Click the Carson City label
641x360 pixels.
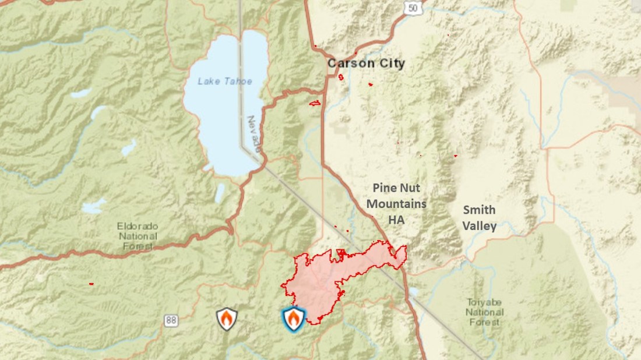[x=366, y=63]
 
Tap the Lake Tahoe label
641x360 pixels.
[x=225, y=81]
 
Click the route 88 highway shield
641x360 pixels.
[x=171, y=320]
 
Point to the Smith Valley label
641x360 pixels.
[x=479, y=218]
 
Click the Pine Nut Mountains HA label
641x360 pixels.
[x=399, y=204]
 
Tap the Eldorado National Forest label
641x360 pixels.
[x=138, y=236]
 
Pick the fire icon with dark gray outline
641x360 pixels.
[x=227, y=319]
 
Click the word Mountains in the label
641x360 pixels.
[x=399, y=204]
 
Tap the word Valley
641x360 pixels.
[x=479, y=226]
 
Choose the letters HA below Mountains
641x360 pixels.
[x=396, y=220]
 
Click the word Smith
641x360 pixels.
[x=479, y=210]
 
